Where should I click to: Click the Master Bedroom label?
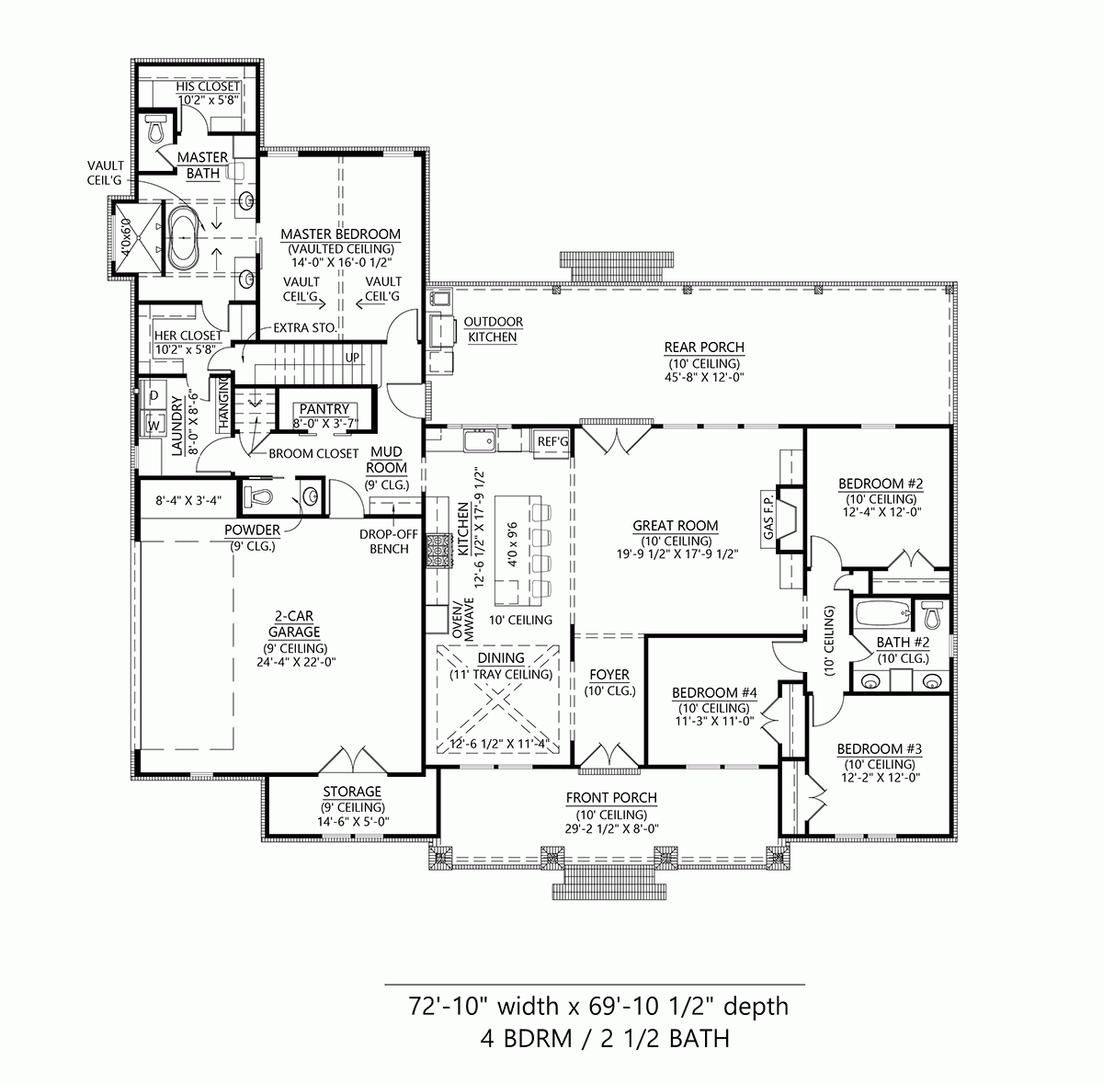[340, 234]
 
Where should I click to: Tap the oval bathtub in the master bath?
[181, 237]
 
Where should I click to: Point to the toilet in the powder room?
[258, 497]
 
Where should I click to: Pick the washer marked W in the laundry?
[154, 426]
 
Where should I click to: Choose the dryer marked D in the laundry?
[154, 395]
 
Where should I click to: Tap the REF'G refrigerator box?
[553, 442]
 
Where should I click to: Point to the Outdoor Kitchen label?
[493, 329]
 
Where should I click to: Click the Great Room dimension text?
[675, 554]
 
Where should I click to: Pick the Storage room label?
[351, 792]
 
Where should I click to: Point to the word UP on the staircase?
[353, 357]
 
